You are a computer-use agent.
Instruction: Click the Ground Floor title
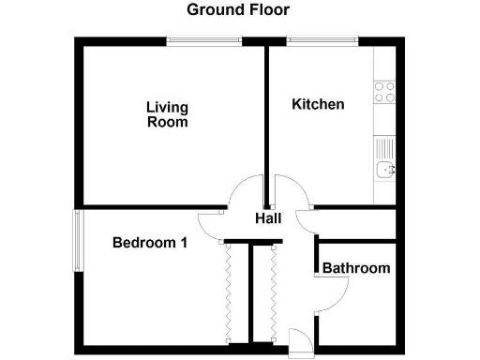coord(238,10)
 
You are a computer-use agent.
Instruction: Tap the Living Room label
coord(167,114)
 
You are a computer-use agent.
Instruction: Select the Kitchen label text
coord(318,104)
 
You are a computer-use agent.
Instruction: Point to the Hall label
coord(269,218)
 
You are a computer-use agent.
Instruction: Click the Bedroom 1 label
coord(150,243)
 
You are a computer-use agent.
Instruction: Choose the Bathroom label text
coord(356,268)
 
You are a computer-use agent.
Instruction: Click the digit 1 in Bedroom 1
coord(184,243)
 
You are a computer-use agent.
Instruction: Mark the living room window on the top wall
coord(204,39)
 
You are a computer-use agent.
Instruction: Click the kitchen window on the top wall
coord(322,39)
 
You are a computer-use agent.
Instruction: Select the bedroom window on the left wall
coord(76,240)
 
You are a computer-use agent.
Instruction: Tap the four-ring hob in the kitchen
coord(384,92)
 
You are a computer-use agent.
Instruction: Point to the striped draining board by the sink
coord(383,147)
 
